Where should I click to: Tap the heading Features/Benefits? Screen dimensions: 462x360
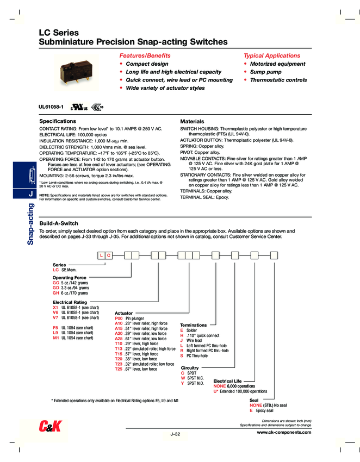(145, 55)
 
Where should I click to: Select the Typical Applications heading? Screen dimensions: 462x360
(271, 55)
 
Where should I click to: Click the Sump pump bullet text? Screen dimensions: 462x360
(266, 72)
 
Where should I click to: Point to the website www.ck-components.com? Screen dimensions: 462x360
(284, 432)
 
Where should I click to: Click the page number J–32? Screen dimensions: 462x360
(175, 434)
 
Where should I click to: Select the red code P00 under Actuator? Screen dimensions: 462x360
(119, 318)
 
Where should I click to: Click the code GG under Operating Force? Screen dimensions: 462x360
(56, 283)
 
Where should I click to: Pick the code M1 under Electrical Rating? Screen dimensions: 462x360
(55, 338)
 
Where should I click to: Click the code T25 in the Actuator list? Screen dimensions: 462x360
(119, 369)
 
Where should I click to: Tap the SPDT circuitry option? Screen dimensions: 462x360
(191, 373)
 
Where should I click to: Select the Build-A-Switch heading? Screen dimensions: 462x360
(59, 223)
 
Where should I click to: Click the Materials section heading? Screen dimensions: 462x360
(192, 121)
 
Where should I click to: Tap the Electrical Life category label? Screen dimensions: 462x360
(227, 381)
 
